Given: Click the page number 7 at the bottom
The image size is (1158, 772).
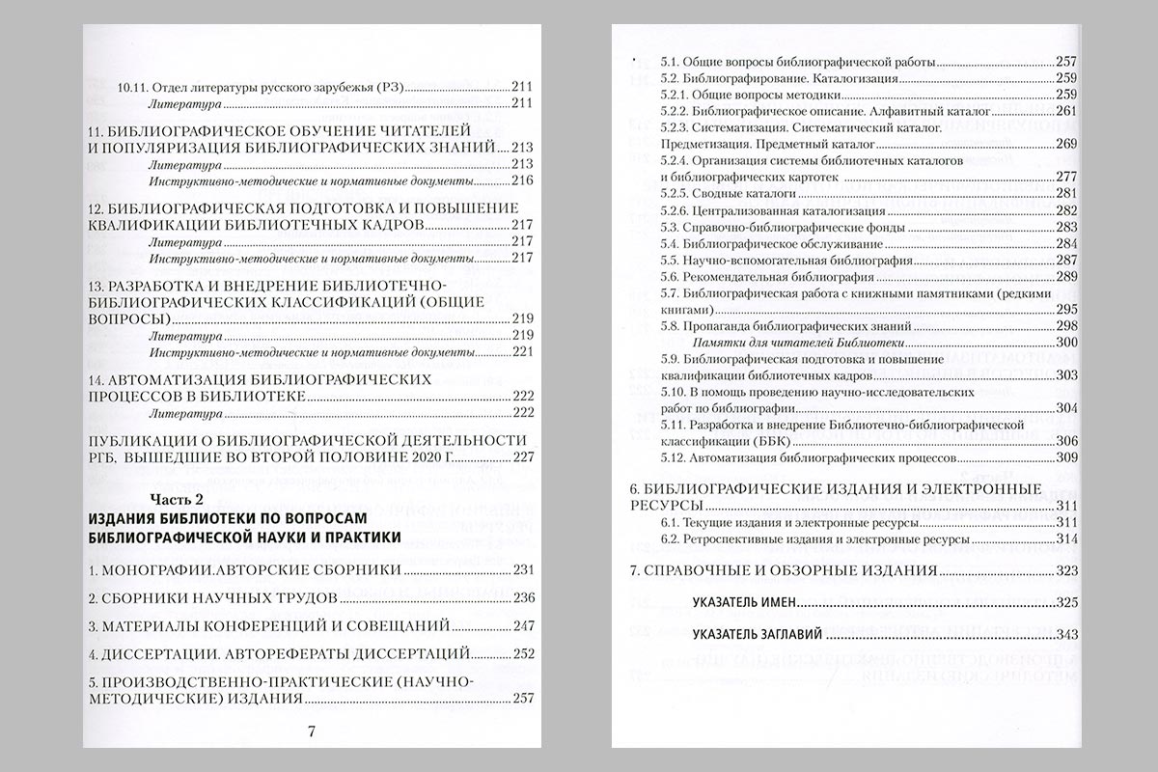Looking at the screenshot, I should [311, 730].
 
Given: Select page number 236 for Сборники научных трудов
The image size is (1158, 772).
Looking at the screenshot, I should [523, 596].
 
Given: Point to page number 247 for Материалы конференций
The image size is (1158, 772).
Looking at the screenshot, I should [523, 624].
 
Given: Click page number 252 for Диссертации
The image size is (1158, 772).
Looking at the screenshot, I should [523, 653].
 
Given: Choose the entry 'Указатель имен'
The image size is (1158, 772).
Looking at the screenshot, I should [744, 603].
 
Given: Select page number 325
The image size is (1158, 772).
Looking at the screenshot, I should [1066, 603].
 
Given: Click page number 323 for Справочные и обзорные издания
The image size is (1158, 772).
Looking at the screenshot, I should [1066, 571].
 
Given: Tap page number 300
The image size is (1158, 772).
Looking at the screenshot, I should [1066, 343].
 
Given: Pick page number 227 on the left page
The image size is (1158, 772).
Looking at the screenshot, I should [523, 456].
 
